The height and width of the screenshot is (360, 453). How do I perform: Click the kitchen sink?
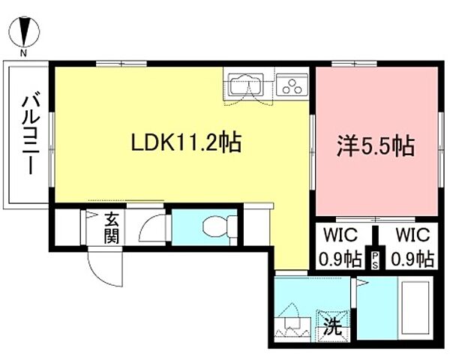(x=244, y=86)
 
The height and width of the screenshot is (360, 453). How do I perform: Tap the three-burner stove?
(x=290, y=85)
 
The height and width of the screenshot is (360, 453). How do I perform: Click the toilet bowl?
(x=219, y=226)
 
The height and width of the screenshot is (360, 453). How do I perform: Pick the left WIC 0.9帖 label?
(x=341, y=247)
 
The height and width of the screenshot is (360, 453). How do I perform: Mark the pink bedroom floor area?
(x=375, y=180)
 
